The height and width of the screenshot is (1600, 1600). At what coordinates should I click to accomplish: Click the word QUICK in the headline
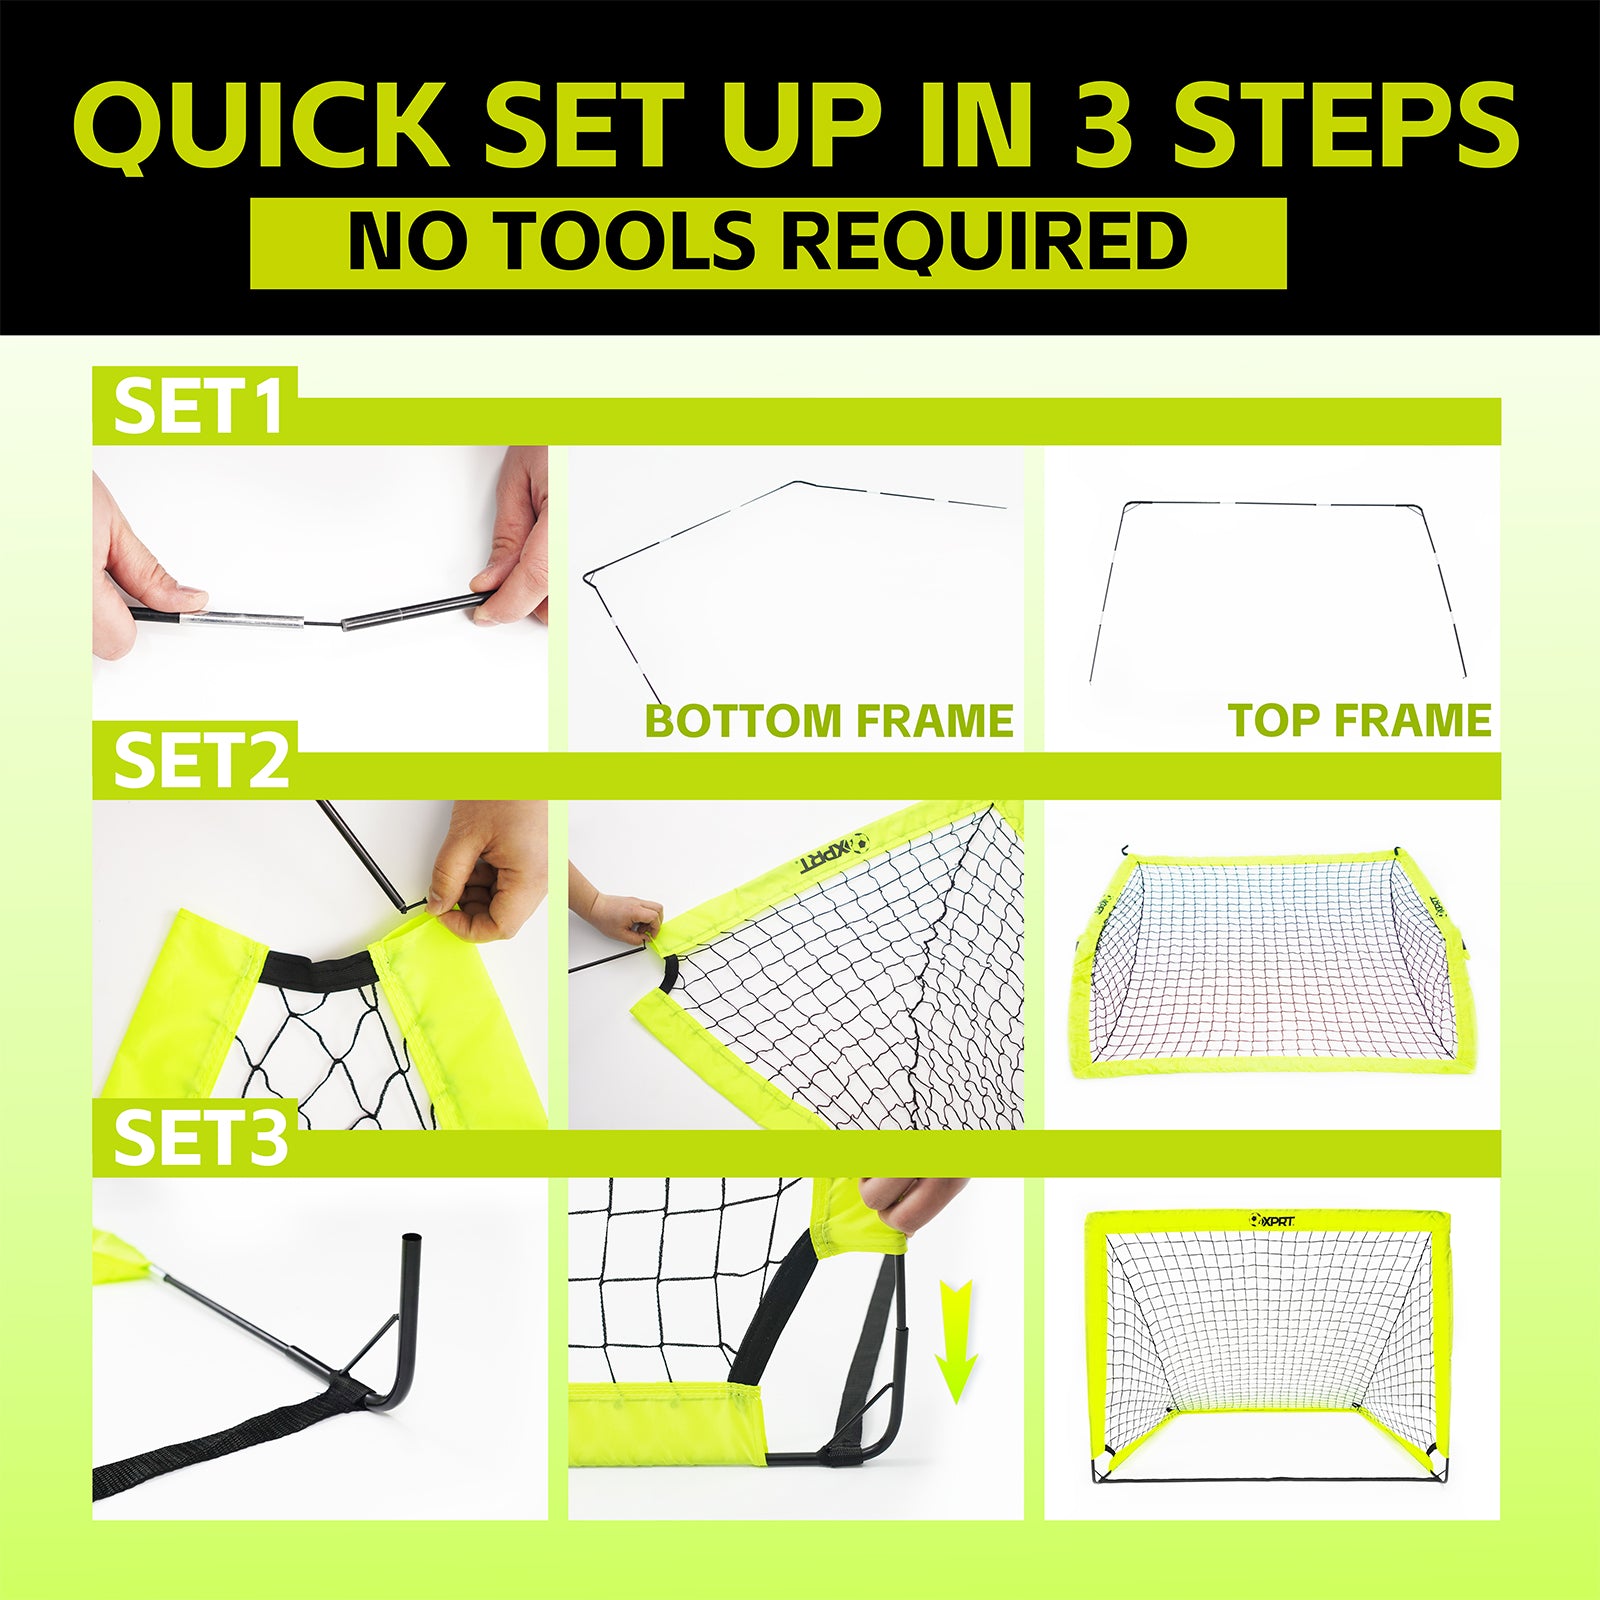260,125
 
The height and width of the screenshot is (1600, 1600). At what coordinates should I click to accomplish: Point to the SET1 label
198,407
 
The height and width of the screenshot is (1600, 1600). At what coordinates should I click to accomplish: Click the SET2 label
201,760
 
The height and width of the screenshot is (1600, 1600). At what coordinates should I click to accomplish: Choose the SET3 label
201,1137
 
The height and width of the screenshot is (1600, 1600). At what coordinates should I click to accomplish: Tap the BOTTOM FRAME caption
829,721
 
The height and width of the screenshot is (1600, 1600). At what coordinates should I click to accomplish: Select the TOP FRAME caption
1360,720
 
